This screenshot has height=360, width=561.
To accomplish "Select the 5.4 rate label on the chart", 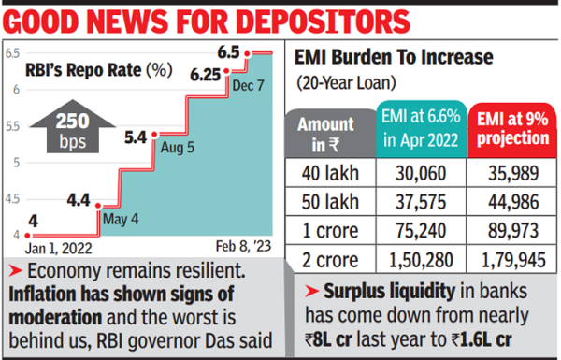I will pyautogui.click(x=136, y=137).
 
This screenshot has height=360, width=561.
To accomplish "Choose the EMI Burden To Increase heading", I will pyautogui.click(x=394, y=58).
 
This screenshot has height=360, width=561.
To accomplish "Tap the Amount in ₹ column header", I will pyautogui.click(x=325, y=134).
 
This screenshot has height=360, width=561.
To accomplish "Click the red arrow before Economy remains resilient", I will pyautogui.click(x=15, y=272).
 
